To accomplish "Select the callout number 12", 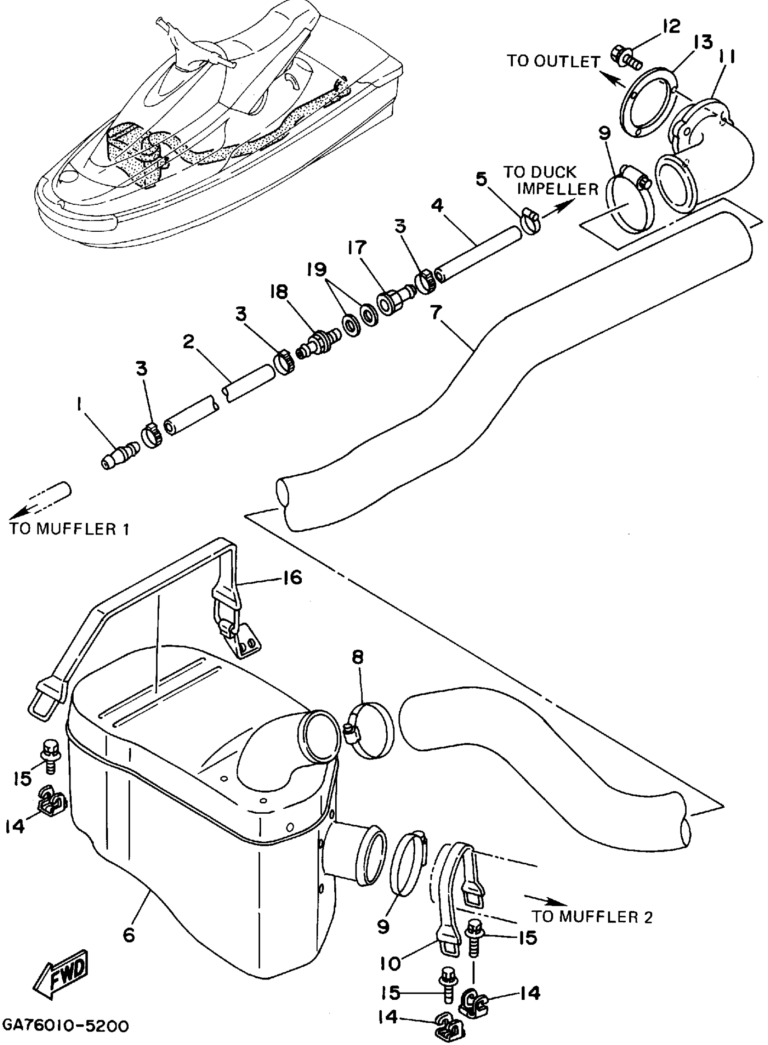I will tap(671, 26).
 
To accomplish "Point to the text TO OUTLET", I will tap(553, 61).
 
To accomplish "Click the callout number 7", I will tap(436, 312).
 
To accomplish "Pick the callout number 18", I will tap(279, 292).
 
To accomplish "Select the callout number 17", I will tap(356, 248).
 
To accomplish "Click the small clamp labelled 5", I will tap(531, 220).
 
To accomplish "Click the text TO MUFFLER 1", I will tap(69, 529).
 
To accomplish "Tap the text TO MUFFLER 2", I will tap(592, 917).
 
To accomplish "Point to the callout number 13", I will tap(703, 43).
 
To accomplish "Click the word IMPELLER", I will tap(558, 189).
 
